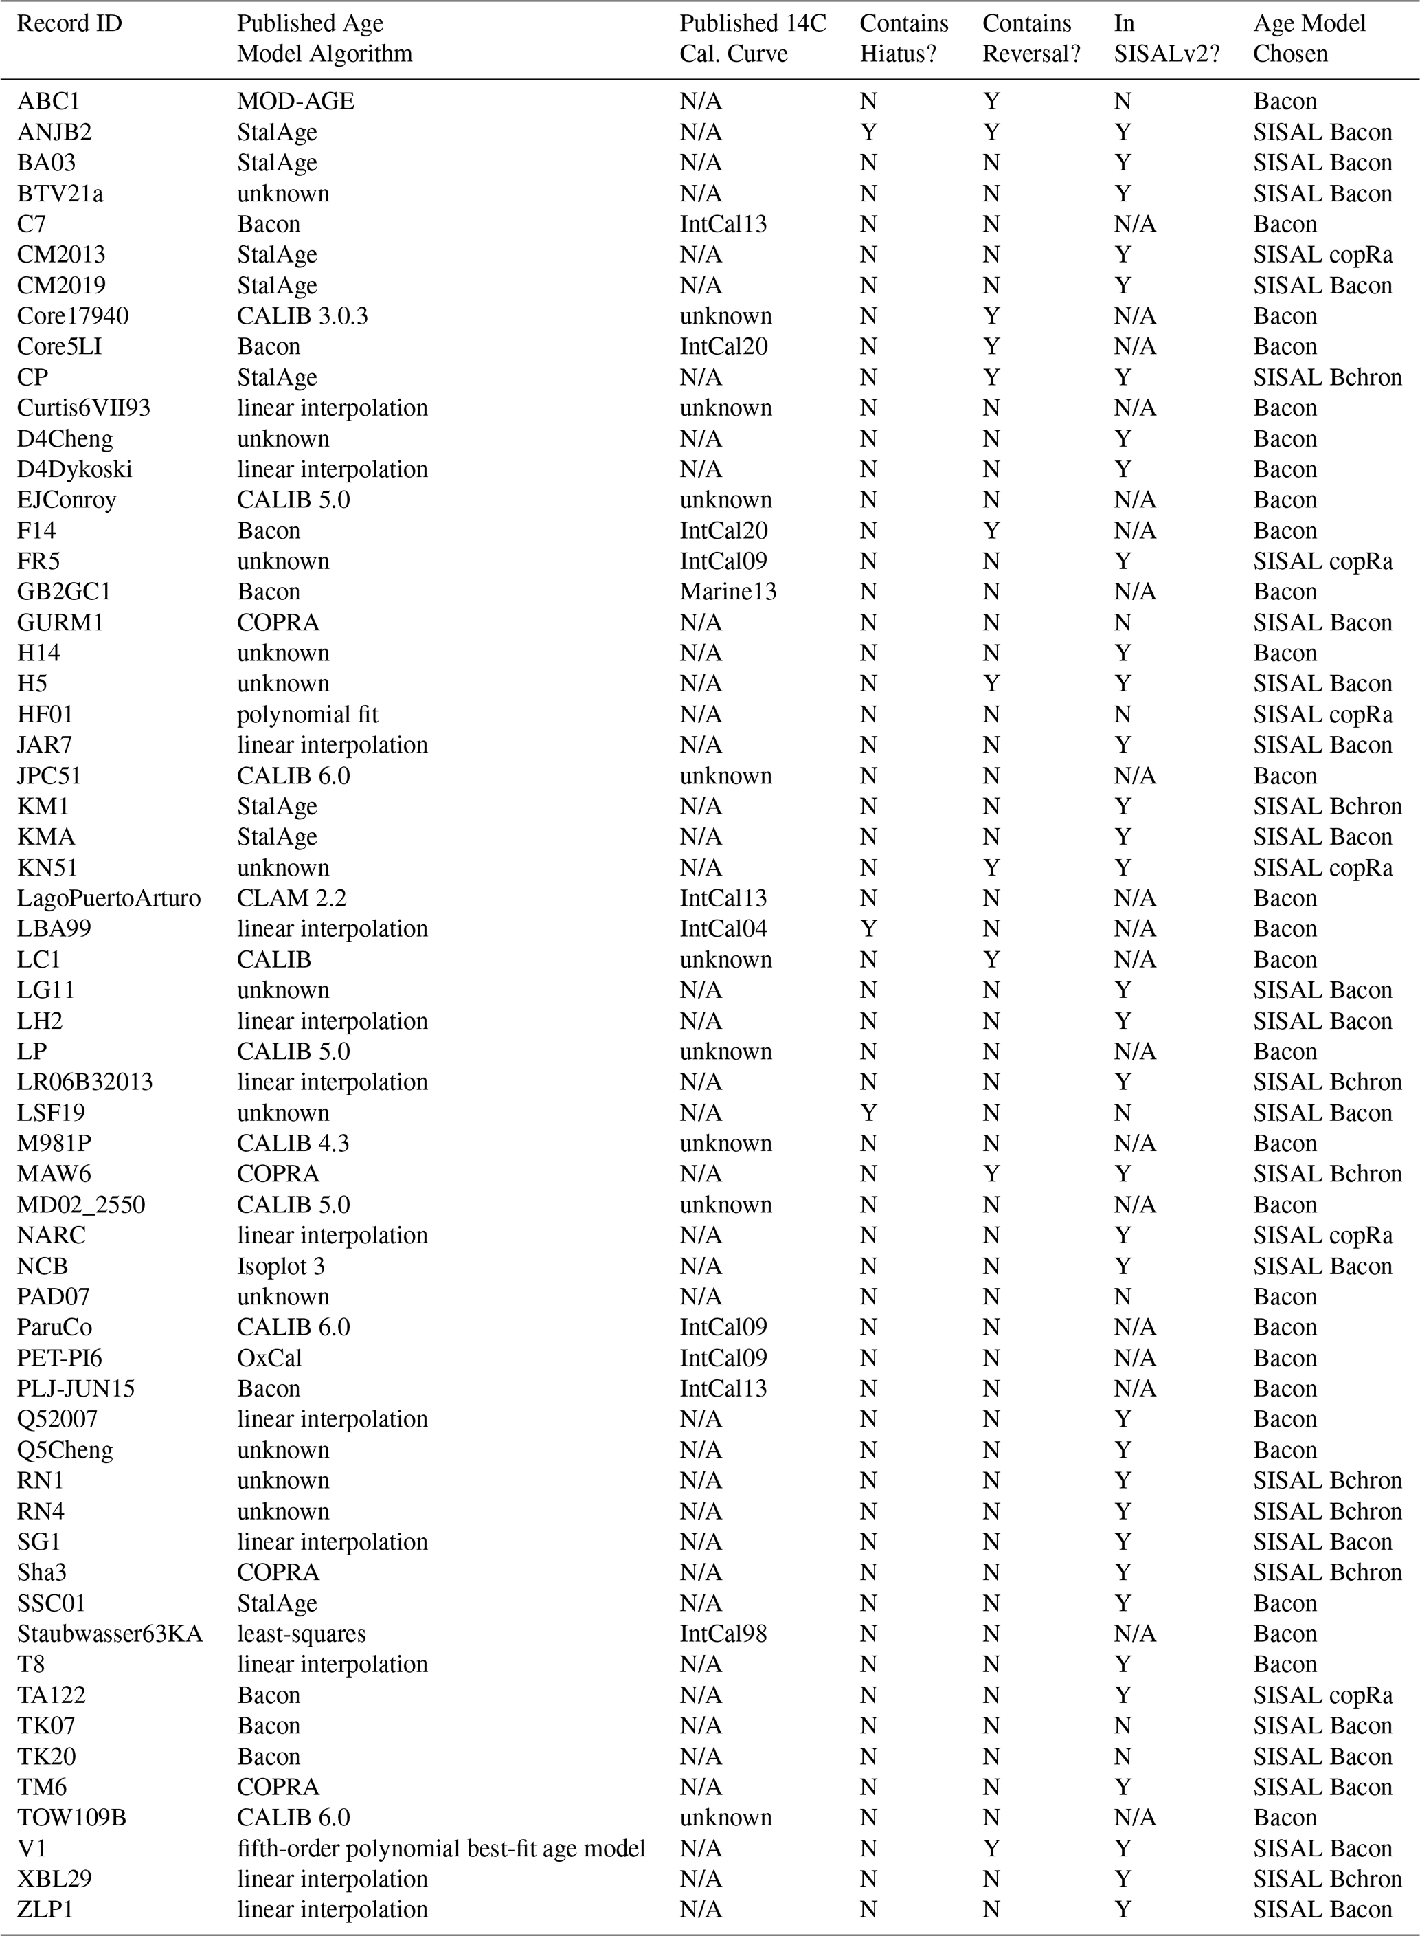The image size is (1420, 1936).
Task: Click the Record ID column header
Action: (69, 24)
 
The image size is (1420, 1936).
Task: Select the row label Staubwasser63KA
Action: (109, 1634)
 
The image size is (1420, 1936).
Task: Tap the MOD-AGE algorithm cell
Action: (295, 102)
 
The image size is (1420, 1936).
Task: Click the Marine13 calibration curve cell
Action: (728, 592)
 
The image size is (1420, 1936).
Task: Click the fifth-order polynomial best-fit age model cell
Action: (441, 1847)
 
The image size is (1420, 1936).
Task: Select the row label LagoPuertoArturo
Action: (109, 898)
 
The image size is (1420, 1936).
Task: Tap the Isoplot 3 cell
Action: (281, 1267)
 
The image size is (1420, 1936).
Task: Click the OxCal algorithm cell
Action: (269, 1358)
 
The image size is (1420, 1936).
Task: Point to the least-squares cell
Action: (301, 1634)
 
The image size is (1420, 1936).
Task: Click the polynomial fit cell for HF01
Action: (307, 714)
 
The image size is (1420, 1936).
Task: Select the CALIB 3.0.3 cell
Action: (302, 316)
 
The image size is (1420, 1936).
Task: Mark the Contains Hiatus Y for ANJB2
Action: (868, 133)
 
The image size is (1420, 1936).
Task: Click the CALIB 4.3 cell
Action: (293, 1144)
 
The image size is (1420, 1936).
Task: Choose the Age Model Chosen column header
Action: (1308, 38)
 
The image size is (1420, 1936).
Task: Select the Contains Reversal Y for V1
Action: (991, 1847)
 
